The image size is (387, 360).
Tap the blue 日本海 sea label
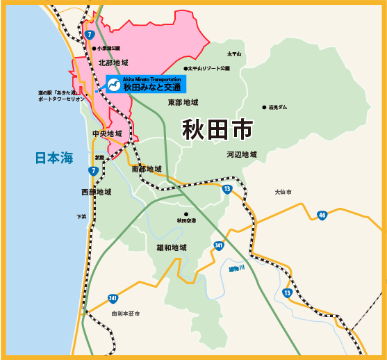[54, 158]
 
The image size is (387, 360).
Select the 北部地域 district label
[114, 63]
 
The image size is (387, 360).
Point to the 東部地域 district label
[183, 103]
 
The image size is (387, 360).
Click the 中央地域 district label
[107, 133]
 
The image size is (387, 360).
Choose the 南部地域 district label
[146, 169]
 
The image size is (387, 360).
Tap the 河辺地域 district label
[241, 154]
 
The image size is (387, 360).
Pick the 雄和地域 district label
[172, 247]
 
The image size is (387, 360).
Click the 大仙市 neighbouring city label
[283, 192]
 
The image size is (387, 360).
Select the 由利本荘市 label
[125, 313]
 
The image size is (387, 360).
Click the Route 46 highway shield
[322, 215]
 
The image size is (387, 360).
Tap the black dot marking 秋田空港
[186, 214]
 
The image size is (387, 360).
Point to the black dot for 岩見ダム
[264, 107]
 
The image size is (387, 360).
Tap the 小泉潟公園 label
[108, 48]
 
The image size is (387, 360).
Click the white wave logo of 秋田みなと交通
[113, 86]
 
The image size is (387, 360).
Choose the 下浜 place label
[82, 217]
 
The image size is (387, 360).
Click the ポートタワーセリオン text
[62, 99]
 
